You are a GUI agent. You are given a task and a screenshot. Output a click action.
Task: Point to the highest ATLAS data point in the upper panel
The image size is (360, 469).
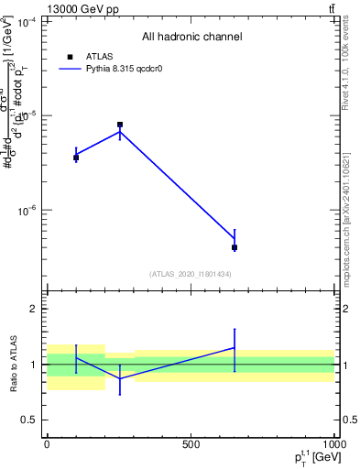coord(120,125)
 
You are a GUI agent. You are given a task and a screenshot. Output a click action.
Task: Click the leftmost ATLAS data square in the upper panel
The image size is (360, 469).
coord(76,158)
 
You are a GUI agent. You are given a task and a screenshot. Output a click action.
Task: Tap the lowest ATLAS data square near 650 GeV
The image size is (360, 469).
coord(235,247)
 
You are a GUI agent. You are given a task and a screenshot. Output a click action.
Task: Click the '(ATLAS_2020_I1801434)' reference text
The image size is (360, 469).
coord(191,274)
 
